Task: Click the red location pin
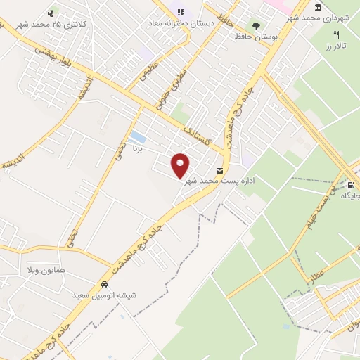(x=181, y=165)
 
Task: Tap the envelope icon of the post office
(x=220, y=171)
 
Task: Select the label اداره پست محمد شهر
(x=219, y=181)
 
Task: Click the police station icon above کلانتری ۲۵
(x=51, y=13)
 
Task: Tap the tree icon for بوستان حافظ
(x=255, y=25)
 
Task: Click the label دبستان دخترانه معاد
(x=179, y=23)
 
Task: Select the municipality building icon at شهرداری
(x=318, y=6)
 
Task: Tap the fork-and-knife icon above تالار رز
(x=336, y=34)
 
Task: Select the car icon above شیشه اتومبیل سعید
(x=105, y=284)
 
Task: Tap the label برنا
(x=139, y=149)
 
